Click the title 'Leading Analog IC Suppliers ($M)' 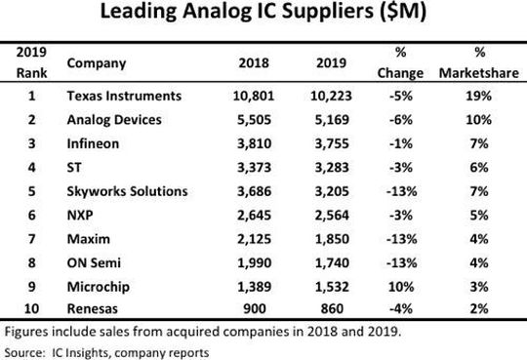[263, 18]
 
